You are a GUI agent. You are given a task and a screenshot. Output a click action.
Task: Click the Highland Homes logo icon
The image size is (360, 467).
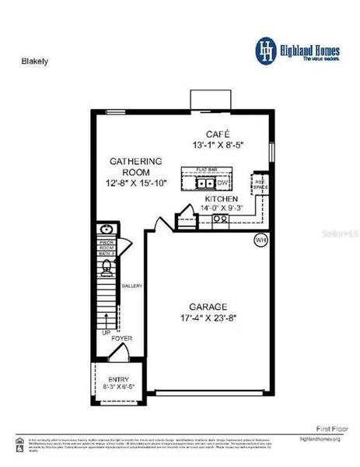tap(266, 48)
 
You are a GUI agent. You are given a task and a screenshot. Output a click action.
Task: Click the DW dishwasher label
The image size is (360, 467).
tap(222, 183)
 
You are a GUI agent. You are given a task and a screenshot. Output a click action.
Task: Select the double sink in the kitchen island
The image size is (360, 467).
tap(205, 184)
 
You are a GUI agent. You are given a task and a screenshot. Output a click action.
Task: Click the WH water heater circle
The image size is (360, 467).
tap(261, 241)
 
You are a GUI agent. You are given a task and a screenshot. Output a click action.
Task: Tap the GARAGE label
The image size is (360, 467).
tap(208, 307)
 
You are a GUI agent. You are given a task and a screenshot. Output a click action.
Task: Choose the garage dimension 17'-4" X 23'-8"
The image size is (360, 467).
tap(208, 318)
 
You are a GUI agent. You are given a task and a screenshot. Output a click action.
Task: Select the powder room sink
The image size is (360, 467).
tap(107, 231)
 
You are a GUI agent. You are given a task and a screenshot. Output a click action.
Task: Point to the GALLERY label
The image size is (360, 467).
tap(131, 286)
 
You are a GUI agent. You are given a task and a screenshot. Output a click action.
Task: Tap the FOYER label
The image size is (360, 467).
tap(121, 339)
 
